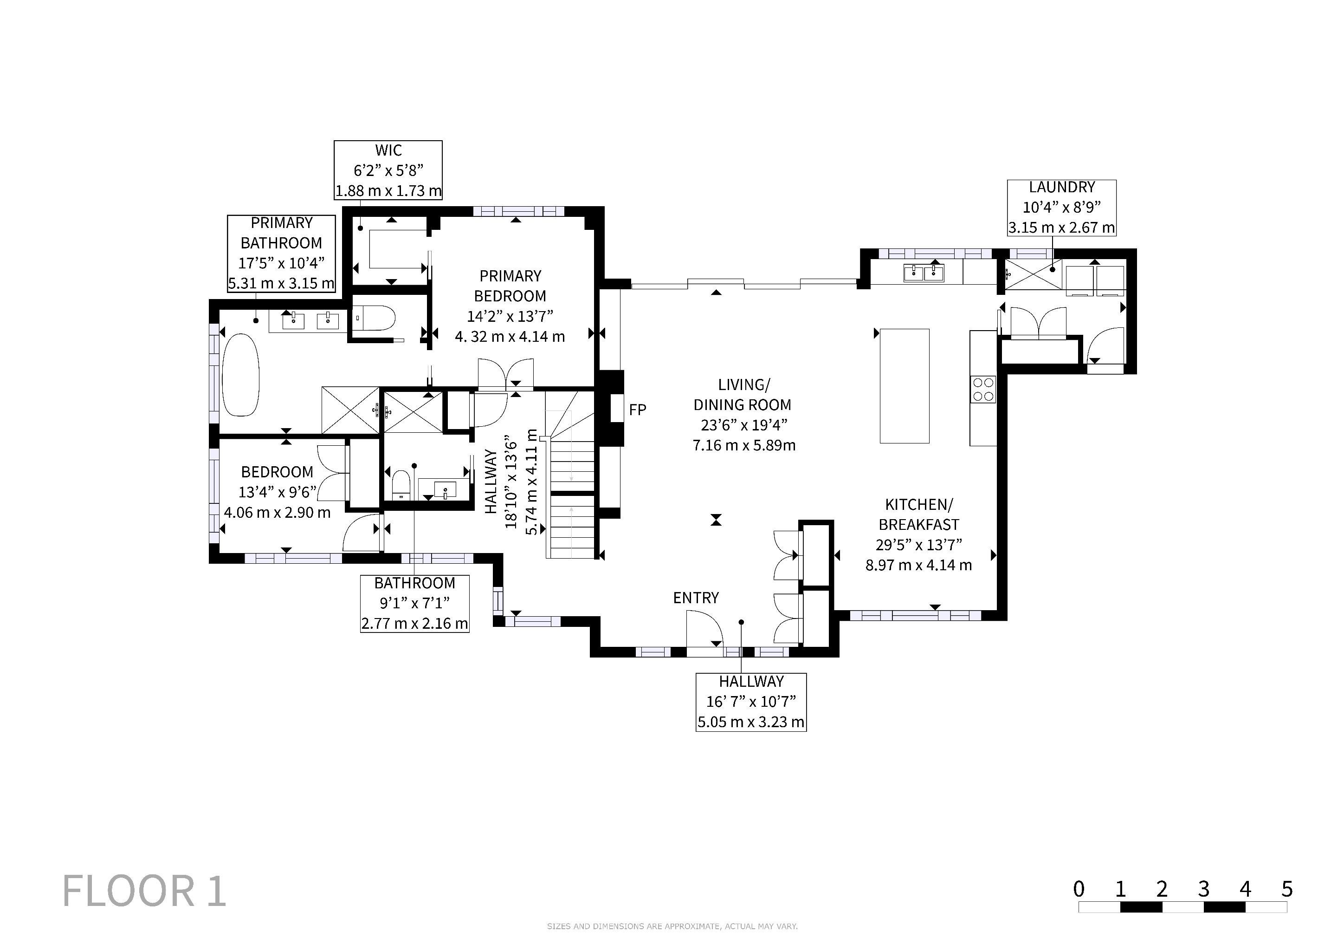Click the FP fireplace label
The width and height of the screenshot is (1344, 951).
pyautogui.click(x=638, y=410)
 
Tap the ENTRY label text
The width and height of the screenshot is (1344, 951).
pyautogui.click(x=695, y=598)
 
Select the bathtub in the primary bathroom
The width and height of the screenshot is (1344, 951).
pyautogui.click(x=240, y=375)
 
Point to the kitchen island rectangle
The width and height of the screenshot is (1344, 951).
pyautogui.click(x=905, y=386)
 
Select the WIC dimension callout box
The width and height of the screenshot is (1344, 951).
pyautogui.click(x=388, y=170)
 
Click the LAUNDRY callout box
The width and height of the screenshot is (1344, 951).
pyautogui.click(x=1061, y=208)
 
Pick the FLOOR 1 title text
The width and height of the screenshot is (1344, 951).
pyautogui.click(x=144, y=891)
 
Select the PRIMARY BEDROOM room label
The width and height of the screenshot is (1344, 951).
pyautogui.click(x=510, y=286)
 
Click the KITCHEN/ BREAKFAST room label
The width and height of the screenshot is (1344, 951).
pyautogui.click(x=919, y=514)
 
